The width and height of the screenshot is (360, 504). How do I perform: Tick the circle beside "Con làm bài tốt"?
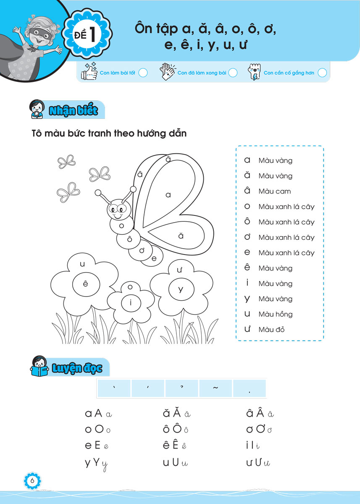(x=143, y=73)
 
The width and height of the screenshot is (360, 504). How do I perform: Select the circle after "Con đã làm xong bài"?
(x=233, y=73)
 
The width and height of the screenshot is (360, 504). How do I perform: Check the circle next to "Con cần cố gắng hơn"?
(x=322, y=73)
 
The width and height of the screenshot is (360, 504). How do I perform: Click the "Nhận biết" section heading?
(x=73, y=111)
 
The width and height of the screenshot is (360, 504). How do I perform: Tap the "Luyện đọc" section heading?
(x=77, y=368)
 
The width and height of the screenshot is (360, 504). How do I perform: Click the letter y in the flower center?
(x=181, y=289)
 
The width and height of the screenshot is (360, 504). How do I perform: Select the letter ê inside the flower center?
(x=86, y=284)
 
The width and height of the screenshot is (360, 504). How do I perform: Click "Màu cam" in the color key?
(x=275, y=191)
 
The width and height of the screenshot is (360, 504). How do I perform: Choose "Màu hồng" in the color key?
(x=276, y=314)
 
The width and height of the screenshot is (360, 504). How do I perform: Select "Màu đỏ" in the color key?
(x=271, y=330)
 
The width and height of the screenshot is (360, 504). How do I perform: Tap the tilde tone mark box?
(x=215, y=388)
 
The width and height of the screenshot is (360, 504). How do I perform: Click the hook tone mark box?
(x=181, y=388)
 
